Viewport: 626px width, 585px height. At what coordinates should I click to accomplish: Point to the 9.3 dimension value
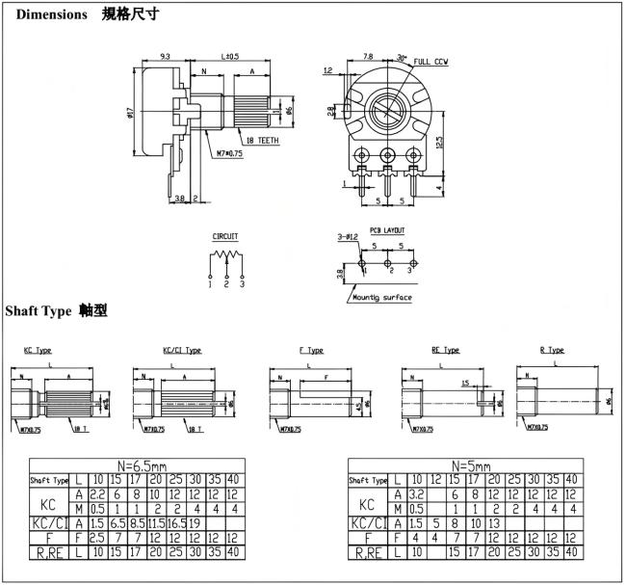[x=165, y=56]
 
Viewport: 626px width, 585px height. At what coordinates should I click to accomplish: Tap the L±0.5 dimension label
[x=231, y=56]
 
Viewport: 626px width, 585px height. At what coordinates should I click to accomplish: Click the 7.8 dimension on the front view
[x=367, y=56]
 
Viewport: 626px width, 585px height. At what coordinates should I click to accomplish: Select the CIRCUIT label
[x=225, y=236]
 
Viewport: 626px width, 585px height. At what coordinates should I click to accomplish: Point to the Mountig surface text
[x=381, y=297]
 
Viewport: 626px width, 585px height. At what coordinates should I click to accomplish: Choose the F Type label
[x=311, y=350]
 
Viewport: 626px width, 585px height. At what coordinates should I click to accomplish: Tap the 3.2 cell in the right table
[x=416, y=493]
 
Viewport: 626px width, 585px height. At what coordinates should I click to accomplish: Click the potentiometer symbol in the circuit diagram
[x=225, y=258]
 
